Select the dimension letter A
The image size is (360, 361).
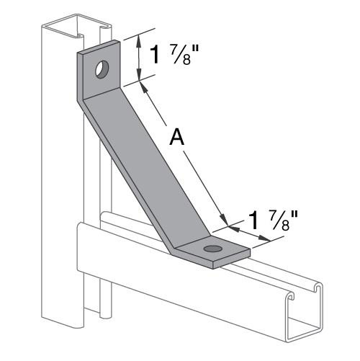[176, 137]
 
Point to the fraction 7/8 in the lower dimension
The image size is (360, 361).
[276, 218]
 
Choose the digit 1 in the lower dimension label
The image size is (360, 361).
[252, 218]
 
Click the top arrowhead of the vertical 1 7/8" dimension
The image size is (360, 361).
[138, 40]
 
